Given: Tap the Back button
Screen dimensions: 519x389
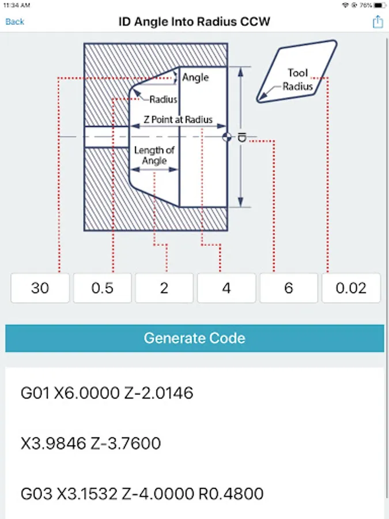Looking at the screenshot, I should point(15,22).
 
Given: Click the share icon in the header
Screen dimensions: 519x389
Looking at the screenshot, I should point(377,22).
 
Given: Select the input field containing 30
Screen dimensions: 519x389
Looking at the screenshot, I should point(40,288).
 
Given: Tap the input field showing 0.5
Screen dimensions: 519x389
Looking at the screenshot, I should point(102,288).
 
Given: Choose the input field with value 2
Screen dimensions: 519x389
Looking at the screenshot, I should point(164,288).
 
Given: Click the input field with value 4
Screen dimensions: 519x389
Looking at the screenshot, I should point(226,288).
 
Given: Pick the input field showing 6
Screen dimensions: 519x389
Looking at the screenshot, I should point(289,288).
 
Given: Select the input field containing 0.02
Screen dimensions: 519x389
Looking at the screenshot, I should point(351,288).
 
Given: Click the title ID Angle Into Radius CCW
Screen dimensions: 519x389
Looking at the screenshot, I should point(194,22).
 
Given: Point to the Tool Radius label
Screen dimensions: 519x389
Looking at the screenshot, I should point(298,80).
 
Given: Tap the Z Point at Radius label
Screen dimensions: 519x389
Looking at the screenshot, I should point(177,120).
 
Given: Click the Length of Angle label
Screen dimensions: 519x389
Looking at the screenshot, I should point(154,156).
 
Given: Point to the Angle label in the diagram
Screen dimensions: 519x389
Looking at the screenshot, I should point(195,77).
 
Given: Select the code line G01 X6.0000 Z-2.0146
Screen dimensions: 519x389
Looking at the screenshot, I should point(107,393).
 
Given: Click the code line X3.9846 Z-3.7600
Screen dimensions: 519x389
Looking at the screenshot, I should point(90,443).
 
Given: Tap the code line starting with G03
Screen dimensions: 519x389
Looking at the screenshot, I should point(142,494).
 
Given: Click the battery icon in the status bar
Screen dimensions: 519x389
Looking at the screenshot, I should point(379,5).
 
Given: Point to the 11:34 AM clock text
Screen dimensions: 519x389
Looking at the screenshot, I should point(13,5).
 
